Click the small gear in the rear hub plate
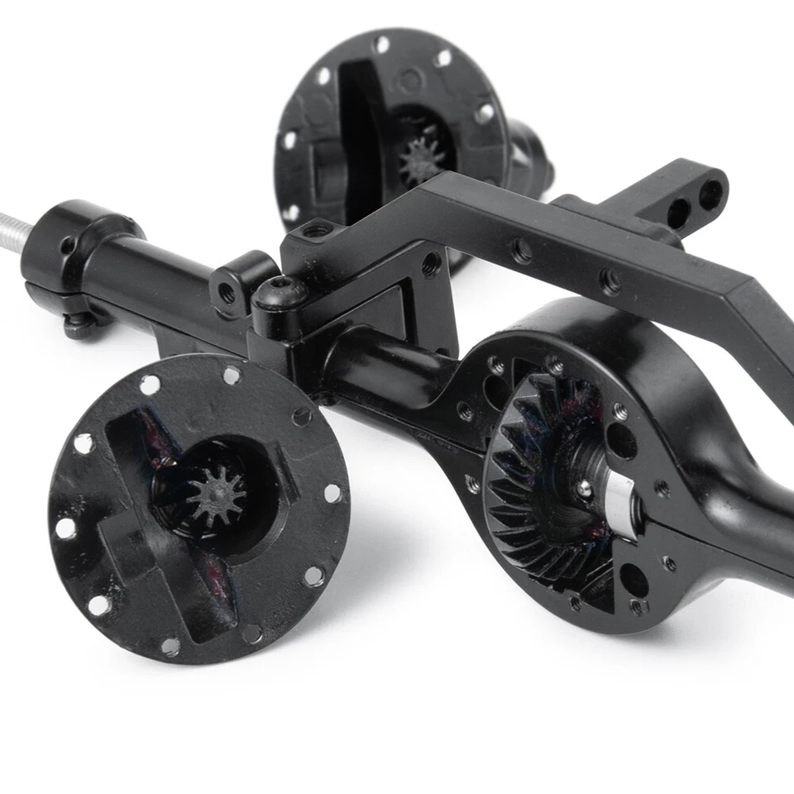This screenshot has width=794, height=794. [422, 160]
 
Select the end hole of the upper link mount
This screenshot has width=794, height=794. [710, 195]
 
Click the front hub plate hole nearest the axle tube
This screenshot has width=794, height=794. [301, 416]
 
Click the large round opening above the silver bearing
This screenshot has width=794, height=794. [621, 441]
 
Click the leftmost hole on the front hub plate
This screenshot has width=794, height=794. [65, 528]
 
